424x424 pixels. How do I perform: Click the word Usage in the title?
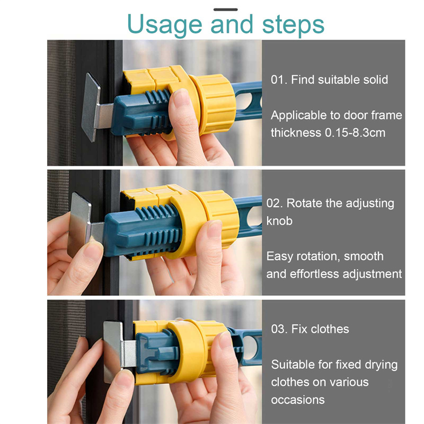(164, 25)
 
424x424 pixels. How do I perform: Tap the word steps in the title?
(293, 25)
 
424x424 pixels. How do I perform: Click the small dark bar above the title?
(226, 10)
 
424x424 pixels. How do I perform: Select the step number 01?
(279, 80)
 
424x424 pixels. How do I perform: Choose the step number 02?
(274, 204)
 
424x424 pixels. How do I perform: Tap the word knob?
(279, 221)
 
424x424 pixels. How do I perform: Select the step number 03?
(279, 329)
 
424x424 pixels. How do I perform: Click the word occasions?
(298, 400)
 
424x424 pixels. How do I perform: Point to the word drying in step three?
(381, 365)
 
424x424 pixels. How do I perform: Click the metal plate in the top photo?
(91, 107)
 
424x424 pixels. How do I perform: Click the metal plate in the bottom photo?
(113, 351)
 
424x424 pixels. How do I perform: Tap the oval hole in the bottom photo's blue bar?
(251, 348)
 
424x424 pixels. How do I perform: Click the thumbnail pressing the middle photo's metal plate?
(93, 250)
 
